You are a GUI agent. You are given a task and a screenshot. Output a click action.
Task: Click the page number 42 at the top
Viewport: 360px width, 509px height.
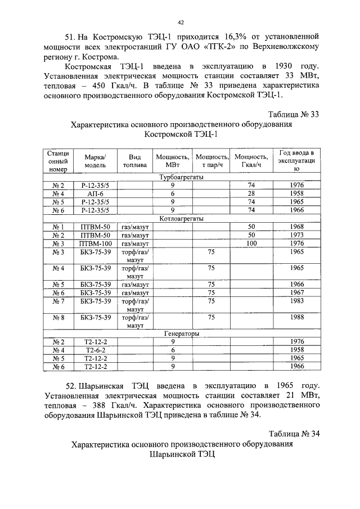click(x=181, y=22)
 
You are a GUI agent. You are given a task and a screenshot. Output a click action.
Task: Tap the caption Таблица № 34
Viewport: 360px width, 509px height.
click(x=294, y=434)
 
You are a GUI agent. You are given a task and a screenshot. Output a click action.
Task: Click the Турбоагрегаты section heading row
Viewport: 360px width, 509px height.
click(x=181, y=177)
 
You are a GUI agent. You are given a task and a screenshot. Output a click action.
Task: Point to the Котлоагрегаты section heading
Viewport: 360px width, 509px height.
click(x=181, y=218)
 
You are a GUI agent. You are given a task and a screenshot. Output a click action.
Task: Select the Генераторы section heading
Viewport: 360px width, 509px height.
click(x=181, y=333)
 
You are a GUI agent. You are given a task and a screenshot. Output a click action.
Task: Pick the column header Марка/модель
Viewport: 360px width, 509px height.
click(x=96, y=161)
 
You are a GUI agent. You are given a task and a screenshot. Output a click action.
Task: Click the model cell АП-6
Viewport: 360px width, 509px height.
click(x=96, y=193)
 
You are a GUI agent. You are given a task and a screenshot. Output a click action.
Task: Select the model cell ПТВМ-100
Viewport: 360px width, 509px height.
click(x=96, y=244)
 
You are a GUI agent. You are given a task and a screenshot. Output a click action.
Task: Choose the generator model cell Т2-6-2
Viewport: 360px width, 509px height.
click(x=96, y=349)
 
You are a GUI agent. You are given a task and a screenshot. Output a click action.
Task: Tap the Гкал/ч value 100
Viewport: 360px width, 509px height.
click(x=251, y=244)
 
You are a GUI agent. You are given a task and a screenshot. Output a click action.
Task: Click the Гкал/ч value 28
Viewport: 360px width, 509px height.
click(x=251, y=193)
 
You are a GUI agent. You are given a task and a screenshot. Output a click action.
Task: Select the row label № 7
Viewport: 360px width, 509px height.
click(x=58, y=301)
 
